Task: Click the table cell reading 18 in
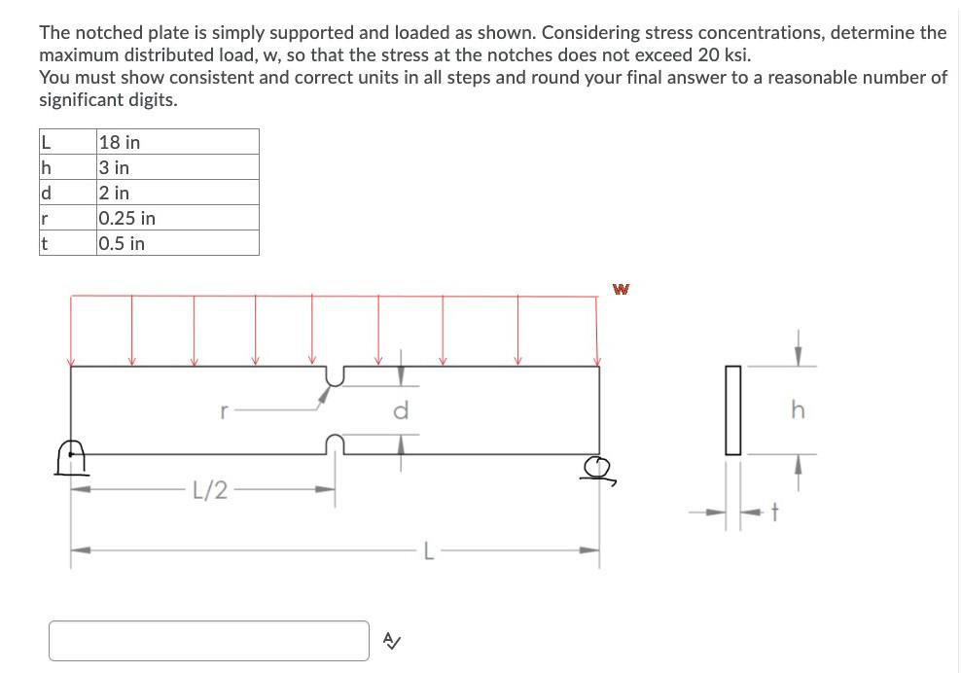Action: point(178,142)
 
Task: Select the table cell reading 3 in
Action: point(178,167)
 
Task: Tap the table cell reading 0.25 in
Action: point(178,218)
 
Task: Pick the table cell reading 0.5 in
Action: point(178,243)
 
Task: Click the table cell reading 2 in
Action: point(178,193)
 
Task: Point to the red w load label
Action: point(621,289)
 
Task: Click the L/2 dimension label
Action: point(209,489)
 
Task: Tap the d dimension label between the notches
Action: point(400,410)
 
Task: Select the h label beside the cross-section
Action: point(798,410)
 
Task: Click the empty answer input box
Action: point(209,640)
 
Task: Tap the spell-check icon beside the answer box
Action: point(390,640)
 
